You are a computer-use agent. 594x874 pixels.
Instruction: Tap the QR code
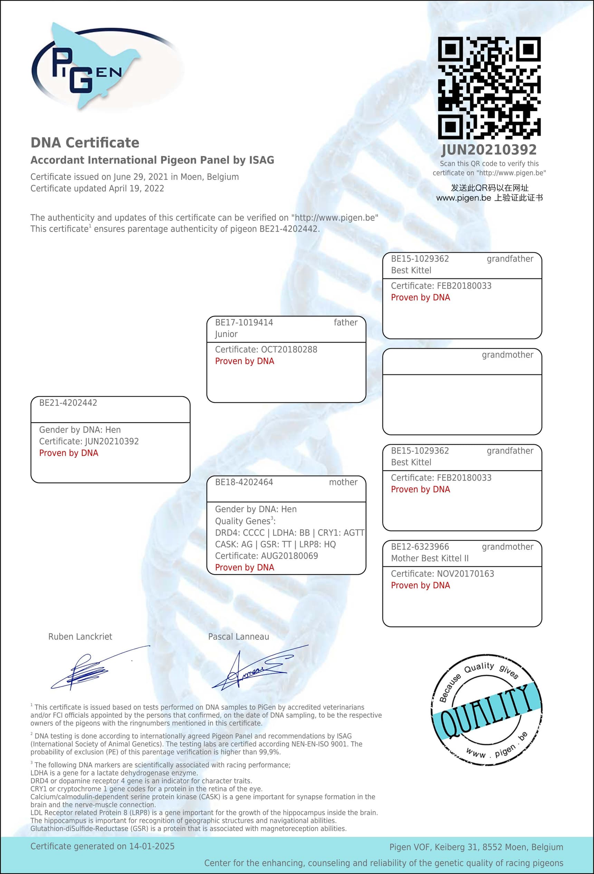(x=489, y=88)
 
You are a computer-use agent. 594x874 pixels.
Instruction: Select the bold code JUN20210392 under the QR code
(x=489, y=150)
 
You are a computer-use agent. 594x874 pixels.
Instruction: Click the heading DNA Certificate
(x=85, y=143)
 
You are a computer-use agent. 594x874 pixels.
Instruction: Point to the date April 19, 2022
(x=136, y=188)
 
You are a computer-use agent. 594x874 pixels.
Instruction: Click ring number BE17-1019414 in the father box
(x=244, y=322)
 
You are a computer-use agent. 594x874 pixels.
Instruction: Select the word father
(x=345, y=322)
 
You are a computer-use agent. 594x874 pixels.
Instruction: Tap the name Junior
(x=226, y=334)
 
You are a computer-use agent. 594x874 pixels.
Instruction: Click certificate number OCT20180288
(x=289, y=349)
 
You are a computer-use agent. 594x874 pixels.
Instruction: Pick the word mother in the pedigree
(x=343, y=482)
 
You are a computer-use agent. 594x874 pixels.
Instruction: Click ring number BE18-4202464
(x=244, y=482)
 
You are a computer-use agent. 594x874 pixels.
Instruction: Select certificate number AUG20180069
(x=289, y=556)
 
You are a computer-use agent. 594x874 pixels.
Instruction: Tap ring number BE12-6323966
(x=420, y=547)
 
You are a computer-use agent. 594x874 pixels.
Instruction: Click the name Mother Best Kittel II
(x=430, y=559)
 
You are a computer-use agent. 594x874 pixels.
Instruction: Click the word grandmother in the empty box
(x=507, y=355)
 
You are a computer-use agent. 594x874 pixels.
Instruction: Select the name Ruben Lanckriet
(x=80, y=637)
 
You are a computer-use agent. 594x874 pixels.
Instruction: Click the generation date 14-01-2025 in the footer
(x=152, y=846)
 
